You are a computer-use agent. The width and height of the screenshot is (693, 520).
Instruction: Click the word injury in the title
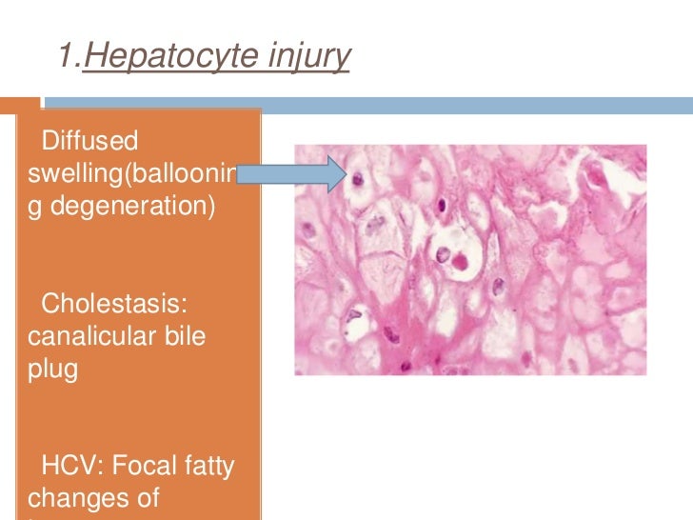point(311,57)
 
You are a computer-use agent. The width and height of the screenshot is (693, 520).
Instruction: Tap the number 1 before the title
point(66,57)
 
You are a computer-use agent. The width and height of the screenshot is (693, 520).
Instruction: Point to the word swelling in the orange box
point(69,173)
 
